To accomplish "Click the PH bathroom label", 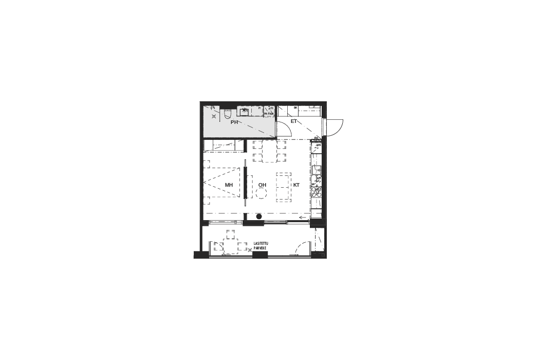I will (234, 123).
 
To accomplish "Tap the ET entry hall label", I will (294, 121).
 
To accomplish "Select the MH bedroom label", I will (229, 185).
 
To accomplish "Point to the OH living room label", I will (262, 185).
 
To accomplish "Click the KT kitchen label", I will (296, 185).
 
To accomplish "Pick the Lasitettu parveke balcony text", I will (261, 246).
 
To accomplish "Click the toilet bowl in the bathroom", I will (226, 114).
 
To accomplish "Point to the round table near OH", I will (262, 194).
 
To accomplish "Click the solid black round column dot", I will (259, 217).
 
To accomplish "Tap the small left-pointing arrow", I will (303, 218).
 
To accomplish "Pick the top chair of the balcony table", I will (231, 235).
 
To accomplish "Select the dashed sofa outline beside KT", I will (284, 187).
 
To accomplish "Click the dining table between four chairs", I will (270, 151).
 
